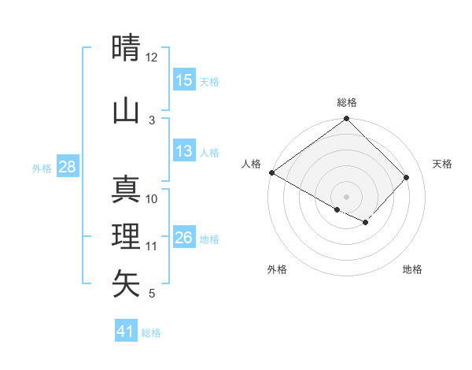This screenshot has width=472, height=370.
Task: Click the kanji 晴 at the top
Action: click(127, 48)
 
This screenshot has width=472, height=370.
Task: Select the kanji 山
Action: click(127, 111)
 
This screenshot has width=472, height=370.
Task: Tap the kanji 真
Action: click(127, 190)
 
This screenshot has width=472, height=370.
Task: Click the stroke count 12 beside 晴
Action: click(152, 57)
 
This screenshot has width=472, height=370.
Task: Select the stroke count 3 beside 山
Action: click(152, 120)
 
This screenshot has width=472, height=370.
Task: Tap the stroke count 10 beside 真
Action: click(152, 199)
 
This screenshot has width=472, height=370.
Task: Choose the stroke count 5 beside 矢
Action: click(152, 294)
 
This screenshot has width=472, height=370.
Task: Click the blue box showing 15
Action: click(184, 80)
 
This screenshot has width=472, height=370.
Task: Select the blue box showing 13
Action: click(184, 151)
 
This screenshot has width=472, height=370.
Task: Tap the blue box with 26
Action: click(184, 238)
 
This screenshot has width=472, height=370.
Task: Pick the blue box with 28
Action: click(67, 167)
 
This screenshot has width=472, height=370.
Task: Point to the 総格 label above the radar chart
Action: click(347, 102)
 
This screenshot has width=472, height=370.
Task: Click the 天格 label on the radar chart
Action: click(442, 164)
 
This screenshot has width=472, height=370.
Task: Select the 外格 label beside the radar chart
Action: click(277, 269)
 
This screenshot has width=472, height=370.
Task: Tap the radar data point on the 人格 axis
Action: click(271, 172)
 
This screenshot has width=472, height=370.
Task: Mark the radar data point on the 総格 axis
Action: click(346, 119)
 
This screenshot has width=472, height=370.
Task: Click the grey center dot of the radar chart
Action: click(346, 196)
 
